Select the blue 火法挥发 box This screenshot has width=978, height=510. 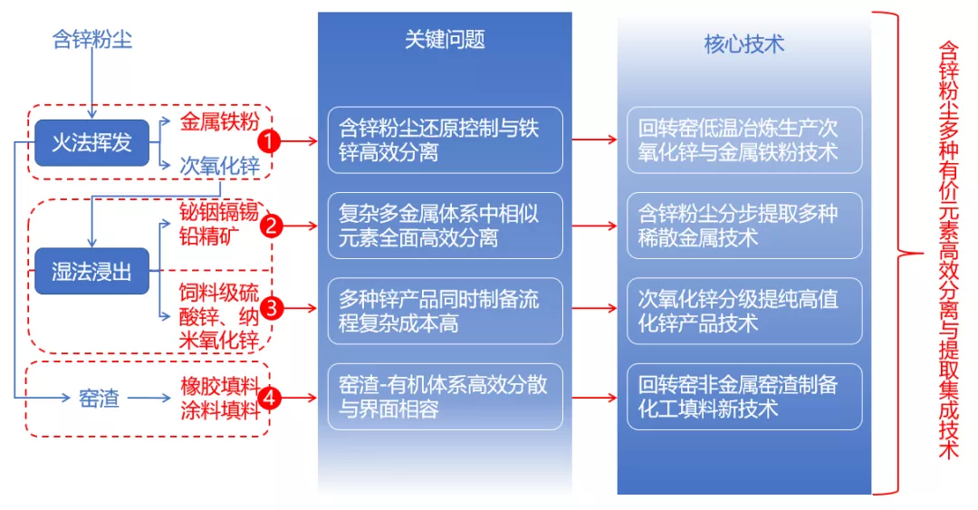[91, 142]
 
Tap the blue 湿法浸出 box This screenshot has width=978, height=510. [91, 271]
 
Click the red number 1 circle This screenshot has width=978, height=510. [269, 140]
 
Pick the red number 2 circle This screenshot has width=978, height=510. [270, 226]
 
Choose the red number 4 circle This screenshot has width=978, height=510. [269, 397]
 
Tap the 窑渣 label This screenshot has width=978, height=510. [100, 397]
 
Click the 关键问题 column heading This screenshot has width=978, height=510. [445, 39]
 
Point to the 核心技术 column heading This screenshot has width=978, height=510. [743, 43]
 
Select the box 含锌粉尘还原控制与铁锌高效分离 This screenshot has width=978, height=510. [445, 140]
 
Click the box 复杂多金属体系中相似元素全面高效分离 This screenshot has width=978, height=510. [445, 226]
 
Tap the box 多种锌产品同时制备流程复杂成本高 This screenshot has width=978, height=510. [445, 311]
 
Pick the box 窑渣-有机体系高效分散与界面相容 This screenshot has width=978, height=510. [445, 397]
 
